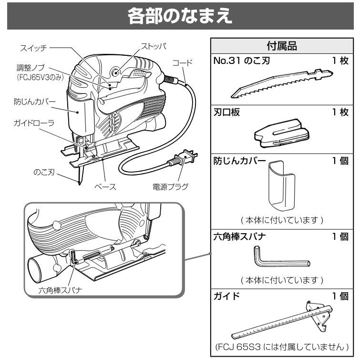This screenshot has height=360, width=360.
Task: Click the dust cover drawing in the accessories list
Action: (x=281, y=187)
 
